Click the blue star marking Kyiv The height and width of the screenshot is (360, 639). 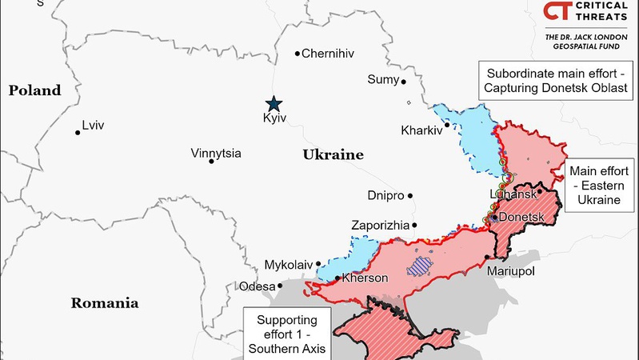point(274,103)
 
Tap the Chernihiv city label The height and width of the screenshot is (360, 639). point(328,54)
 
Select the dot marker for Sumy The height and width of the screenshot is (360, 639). point(404,81)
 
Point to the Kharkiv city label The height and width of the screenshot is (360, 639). point(421,130)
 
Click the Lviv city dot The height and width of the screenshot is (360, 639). point(78,132)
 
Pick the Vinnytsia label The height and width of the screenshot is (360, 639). point(216,153)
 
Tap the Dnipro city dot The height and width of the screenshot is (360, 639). point(410,195)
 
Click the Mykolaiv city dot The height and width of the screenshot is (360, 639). point(318,263)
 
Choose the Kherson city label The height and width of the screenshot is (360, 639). point(365,278)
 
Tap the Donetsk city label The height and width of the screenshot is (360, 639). point(522,217)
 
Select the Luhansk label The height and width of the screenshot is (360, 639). point(512,194)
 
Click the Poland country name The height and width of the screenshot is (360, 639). point(34,90)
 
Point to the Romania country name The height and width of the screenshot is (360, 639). point(105,303)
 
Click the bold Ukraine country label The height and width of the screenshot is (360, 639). point(333,154)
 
